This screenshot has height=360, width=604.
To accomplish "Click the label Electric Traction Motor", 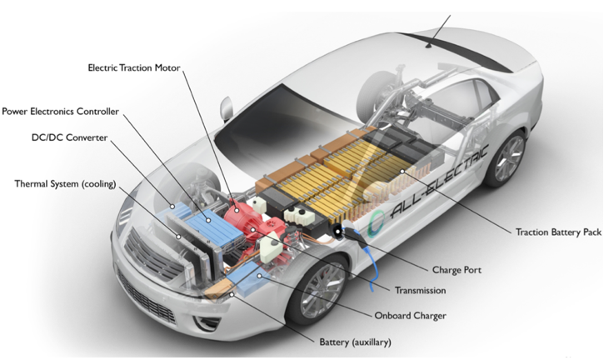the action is tap(134, 67).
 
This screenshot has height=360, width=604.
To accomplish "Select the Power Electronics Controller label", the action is tap(61, 112).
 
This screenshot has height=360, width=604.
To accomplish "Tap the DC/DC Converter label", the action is tap(69, 137).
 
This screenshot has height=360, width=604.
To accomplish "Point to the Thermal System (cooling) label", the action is tap(65, 184).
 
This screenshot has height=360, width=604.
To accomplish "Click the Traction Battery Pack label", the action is tap(558, 232).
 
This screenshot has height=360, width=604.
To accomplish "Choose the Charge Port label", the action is tap(457, 270).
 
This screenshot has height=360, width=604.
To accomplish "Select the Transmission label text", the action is tap(420, 290).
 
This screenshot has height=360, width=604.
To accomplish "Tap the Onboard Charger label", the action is tap(410, 316).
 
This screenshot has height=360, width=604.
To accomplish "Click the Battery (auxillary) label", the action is tap(355, 342).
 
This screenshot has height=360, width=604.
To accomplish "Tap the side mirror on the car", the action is tap(227, 108).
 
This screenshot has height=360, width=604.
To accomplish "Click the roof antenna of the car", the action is tap(429, 46).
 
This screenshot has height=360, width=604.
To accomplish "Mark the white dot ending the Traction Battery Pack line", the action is tap(402, 172).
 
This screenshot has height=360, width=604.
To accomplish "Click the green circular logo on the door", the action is tap(377, 224).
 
